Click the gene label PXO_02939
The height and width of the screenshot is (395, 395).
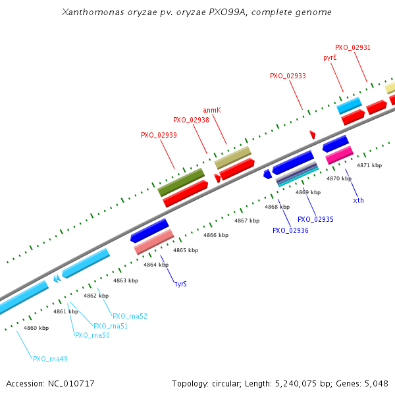159,135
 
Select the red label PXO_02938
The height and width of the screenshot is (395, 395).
191,120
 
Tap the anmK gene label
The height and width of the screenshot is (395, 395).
211,110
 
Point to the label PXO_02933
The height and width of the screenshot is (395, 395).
288,76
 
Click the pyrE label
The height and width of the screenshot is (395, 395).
330,57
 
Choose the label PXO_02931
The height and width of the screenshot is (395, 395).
352,47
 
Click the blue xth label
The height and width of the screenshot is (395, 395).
358,200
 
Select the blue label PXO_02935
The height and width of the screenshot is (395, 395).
315,219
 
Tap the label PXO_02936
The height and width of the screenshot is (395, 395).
290,230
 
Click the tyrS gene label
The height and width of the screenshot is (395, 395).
180,284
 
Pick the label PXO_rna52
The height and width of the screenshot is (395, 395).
130,316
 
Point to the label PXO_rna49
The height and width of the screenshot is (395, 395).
50,359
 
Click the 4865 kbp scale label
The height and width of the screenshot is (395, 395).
186,250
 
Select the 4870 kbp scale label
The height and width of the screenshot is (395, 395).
339,178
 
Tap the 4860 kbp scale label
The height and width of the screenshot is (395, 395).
36,327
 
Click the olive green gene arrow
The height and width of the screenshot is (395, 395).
180,182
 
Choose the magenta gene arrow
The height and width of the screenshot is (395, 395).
340,155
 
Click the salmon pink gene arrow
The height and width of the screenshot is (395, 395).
154,242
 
